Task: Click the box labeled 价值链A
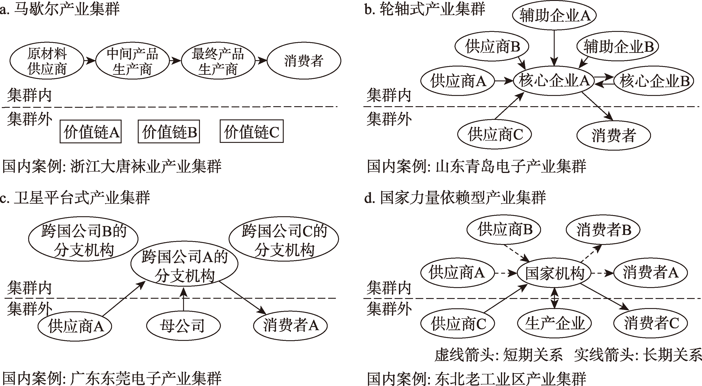click(x=90, y=131)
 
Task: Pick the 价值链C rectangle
click(x=252, y=131)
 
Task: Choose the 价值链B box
click(x=169, y=131)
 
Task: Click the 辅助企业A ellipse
click(x=554, y=15)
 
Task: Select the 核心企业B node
click(x=654, y=81)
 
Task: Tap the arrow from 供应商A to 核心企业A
click(x=504, y=81)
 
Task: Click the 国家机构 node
click(x=554, y=273)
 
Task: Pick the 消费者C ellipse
click(x=651, y=323)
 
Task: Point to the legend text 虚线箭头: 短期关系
click(x=498, y=355)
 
